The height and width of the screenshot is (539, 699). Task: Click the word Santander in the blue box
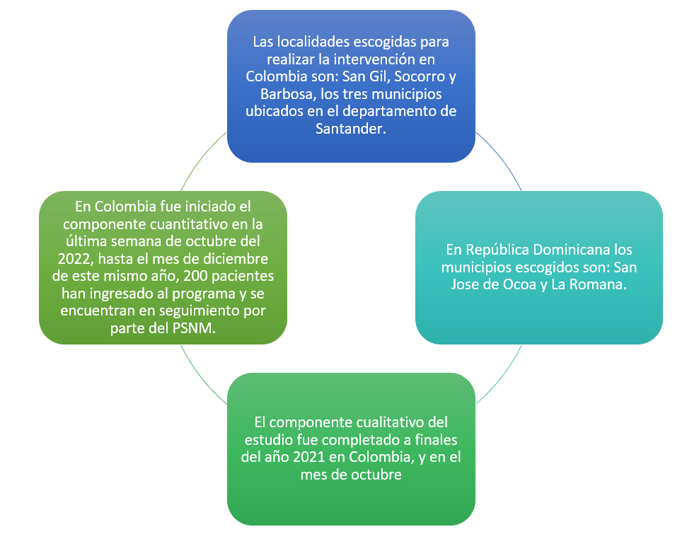[349, 129]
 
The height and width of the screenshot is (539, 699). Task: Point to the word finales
[436, 439]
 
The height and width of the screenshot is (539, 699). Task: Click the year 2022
[74, 259]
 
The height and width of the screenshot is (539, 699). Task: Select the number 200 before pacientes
[195, 276]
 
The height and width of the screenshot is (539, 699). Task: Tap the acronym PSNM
[194, 328]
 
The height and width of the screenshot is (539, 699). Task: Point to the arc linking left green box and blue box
[202, 158]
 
